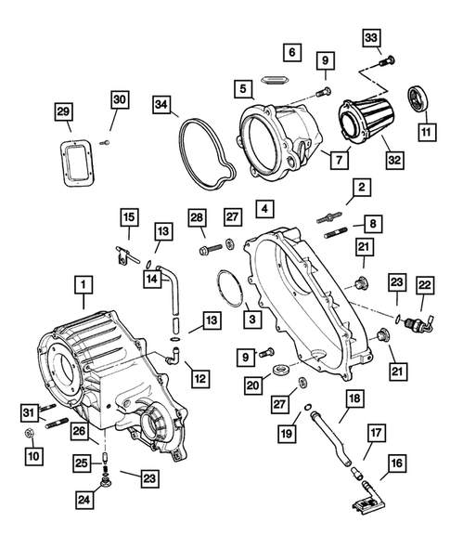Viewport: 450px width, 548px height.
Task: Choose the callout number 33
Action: pos(371,38)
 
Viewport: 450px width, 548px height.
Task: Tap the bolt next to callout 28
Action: pos(216,249)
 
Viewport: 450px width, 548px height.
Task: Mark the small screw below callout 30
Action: pos(107,141)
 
